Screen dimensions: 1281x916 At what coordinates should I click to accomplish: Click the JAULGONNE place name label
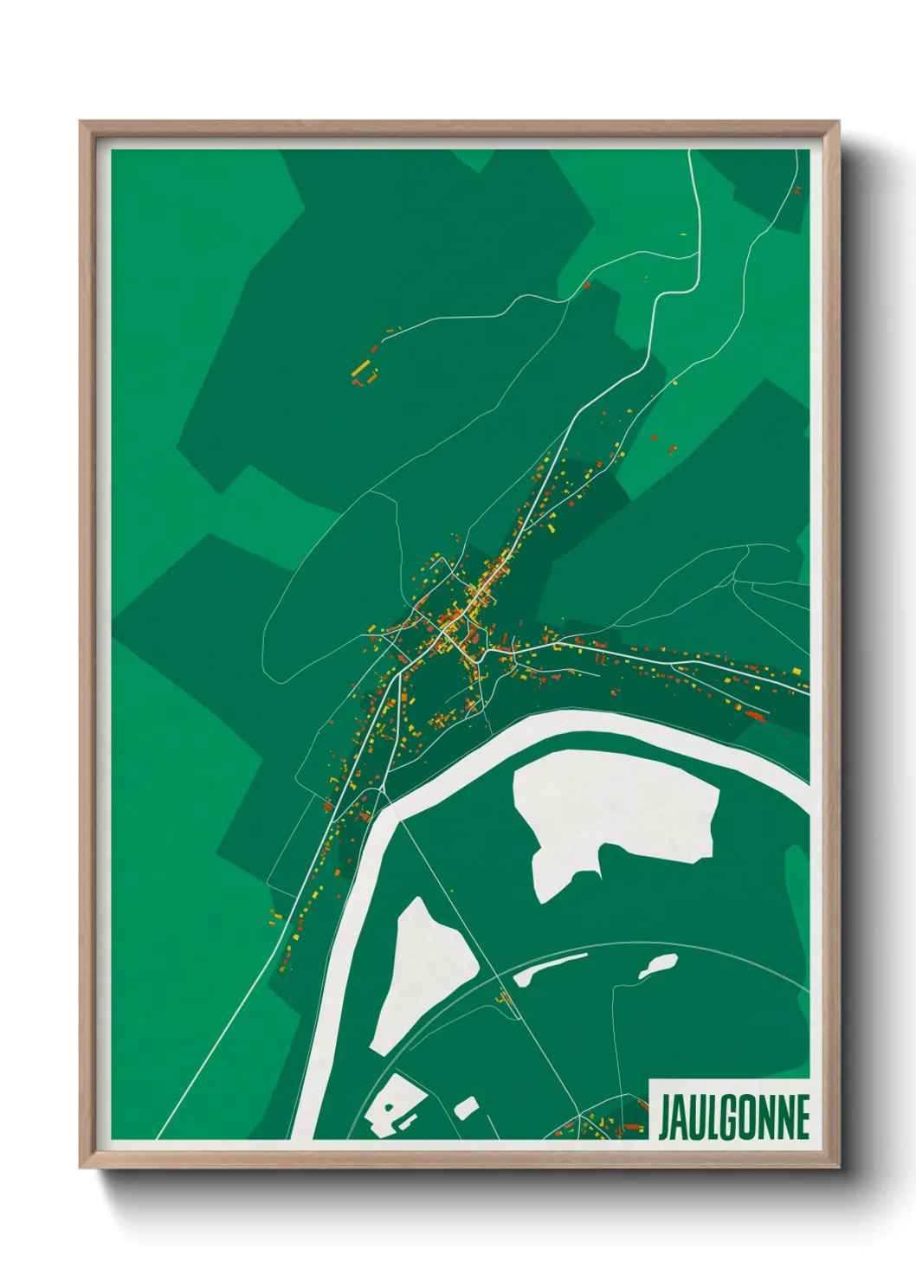pos(733,1117)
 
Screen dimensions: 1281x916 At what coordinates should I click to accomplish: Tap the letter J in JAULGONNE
pos(665,1117)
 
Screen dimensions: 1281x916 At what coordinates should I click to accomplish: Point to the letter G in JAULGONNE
pos(731,1117)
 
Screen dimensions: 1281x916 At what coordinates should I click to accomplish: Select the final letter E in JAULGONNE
pos(802,1117)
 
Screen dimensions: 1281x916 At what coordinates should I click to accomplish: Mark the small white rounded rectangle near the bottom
pos(466,1106)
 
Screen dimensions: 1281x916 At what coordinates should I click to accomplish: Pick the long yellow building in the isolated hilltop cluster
pos(362,369)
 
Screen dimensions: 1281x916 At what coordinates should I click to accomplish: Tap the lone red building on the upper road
pos(586,284)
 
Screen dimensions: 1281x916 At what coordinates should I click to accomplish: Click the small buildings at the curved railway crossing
pos(505,997)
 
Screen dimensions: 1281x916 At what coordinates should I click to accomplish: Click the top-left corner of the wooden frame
pos(81,122)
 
